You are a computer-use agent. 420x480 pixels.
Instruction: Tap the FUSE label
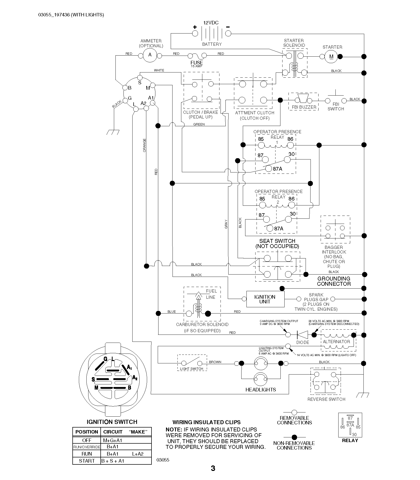click(197, 63)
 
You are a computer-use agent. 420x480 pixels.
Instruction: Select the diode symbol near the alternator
click(302, 335)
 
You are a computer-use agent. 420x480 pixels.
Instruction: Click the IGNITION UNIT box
click(265, 299)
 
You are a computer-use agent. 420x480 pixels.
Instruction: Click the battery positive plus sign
click(195, 27)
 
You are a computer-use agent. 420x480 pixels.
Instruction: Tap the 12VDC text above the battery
click(211, 23)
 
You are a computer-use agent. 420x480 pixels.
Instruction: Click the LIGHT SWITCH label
click(191, 369)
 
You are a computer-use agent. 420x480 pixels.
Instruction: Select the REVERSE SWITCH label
click(326, 399)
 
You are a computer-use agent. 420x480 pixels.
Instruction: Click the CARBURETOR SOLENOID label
click(202, 324)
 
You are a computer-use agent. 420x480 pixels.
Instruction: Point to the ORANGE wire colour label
click(144, 145)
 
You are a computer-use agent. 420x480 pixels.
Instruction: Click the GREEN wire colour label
click(199, 124)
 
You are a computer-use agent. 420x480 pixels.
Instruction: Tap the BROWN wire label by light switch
click(215, 362)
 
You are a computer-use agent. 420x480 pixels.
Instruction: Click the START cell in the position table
click(87, 461)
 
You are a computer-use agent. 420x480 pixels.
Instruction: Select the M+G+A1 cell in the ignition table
click(113, 440)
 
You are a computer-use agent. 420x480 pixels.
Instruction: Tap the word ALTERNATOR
click(336, 342)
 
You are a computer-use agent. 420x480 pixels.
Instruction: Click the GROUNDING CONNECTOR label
click(334, 281)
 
